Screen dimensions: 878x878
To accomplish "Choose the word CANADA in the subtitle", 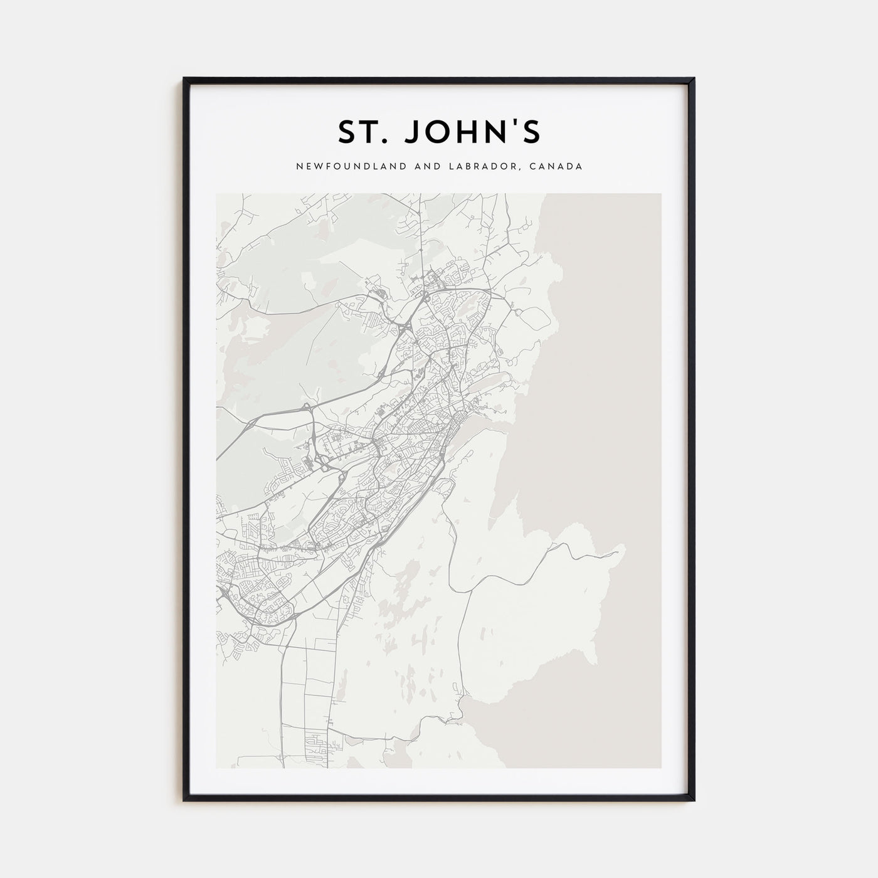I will pyautogui.click(x=558, y=167).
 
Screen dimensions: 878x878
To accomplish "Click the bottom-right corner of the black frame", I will pyautogui.click(x=694, y=800).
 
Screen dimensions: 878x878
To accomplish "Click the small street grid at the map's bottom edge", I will pyautogui.click(x=317, y=746).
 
